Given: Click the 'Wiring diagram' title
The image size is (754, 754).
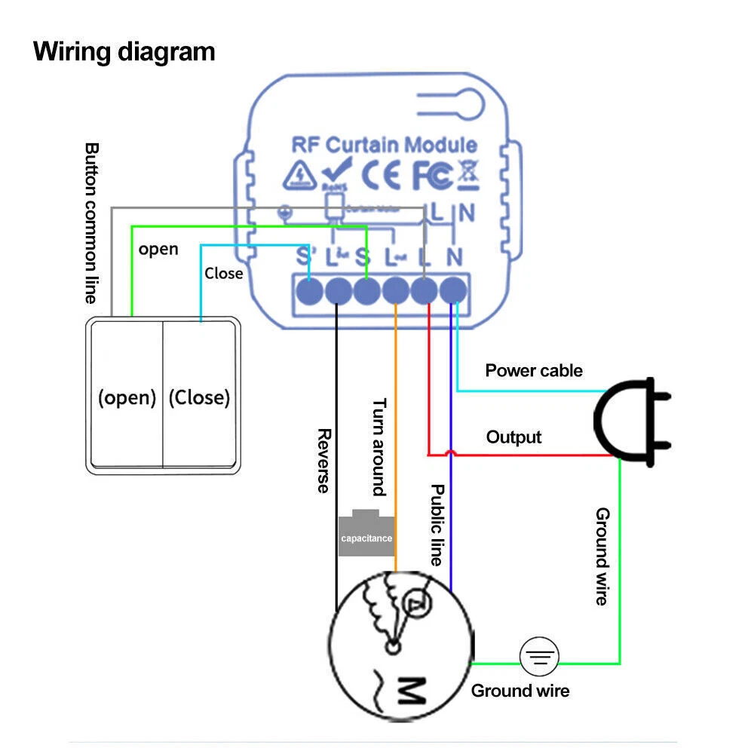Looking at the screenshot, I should pyautogui.click(x=124, y=52).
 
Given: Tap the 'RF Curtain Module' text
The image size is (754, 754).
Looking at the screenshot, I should pyautogui.click(x=385, y=145).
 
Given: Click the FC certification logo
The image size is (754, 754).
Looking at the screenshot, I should pyautogui.click(x=433, y=175).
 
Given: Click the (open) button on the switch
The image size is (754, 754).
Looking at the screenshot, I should pyautogui.click(x=127, y=397).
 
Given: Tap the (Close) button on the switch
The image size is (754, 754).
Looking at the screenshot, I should pyautogui.click(x=199, y=397).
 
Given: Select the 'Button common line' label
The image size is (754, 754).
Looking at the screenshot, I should pyautogui.click(x=91, y=223).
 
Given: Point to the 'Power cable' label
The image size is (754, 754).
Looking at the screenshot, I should pyautogui.click(x=534, y=370).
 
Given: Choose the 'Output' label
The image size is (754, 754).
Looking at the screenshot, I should pyautogui.click(x=513, y=437).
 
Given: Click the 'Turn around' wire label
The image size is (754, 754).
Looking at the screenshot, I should pyautogui.click(x=379, y=446).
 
